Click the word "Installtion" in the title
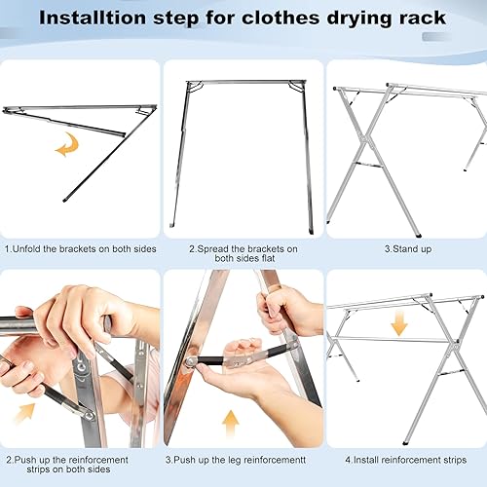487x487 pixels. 93,18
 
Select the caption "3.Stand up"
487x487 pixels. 408,249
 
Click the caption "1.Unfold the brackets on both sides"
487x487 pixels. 81,249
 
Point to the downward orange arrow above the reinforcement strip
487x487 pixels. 399,323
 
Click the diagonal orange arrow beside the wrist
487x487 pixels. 24,412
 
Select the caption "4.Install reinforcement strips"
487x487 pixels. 406,460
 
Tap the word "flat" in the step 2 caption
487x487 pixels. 268,258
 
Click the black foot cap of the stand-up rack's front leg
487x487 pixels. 417,234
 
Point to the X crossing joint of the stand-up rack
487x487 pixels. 365,139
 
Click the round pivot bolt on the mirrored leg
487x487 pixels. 191,360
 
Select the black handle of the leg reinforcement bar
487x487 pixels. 210,360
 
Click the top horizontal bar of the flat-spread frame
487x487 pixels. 245,82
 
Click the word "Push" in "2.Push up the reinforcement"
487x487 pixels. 25,460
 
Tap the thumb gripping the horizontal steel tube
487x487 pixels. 23,313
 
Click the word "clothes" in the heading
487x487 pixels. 281,18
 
